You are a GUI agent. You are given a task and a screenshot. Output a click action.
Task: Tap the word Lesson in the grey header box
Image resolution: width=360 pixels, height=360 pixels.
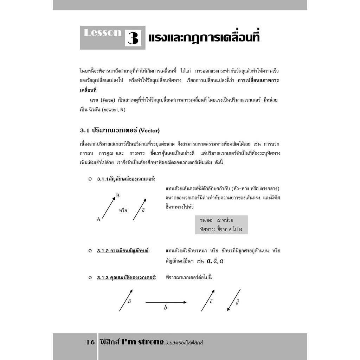click(102, 33)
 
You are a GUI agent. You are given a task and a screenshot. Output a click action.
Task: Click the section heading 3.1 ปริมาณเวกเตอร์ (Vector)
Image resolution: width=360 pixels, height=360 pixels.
click(120, 130)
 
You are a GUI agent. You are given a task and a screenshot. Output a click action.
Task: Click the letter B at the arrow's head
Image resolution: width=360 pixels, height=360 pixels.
click(118, 195)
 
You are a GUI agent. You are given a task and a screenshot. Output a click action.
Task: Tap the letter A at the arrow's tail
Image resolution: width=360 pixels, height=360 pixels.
click(98, 219)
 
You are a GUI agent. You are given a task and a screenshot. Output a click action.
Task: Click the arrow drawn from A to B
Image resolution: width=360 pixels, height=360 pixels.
click(108, 207)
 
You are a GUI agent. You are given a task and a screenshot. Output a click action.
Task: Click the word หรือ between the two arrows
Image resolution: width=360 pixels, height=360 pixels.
click(123, 211)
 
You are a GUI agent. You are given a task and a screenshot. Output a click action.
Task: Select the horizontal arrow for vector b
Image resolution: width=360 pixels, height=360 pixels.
click(166, 302)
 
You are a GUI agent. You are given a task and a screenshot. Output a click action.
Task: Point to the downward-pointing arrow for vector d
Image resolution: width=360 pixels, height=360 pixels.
click(233, 300)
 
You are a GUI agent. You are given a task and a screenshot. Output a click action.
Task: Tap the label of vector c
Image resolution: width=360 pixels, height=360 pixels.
click(211, 302)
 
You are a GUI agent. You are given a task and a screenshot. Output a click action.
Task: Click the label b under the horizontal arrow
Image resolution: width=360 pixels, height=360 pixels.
click(166, 308)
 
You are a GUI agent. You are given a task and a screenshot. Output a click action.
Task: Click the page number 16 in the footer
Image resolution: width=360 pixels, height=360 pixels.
click(90, 342)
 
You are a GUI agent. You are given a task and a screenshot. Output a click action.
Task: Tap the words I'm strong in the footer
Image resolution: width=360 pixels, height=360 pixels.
click(142, 342)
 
